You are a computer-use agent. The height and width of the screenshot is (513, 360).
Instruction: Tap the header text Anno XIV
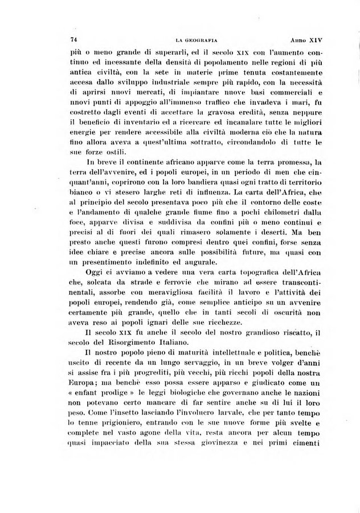pos(306,40)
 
